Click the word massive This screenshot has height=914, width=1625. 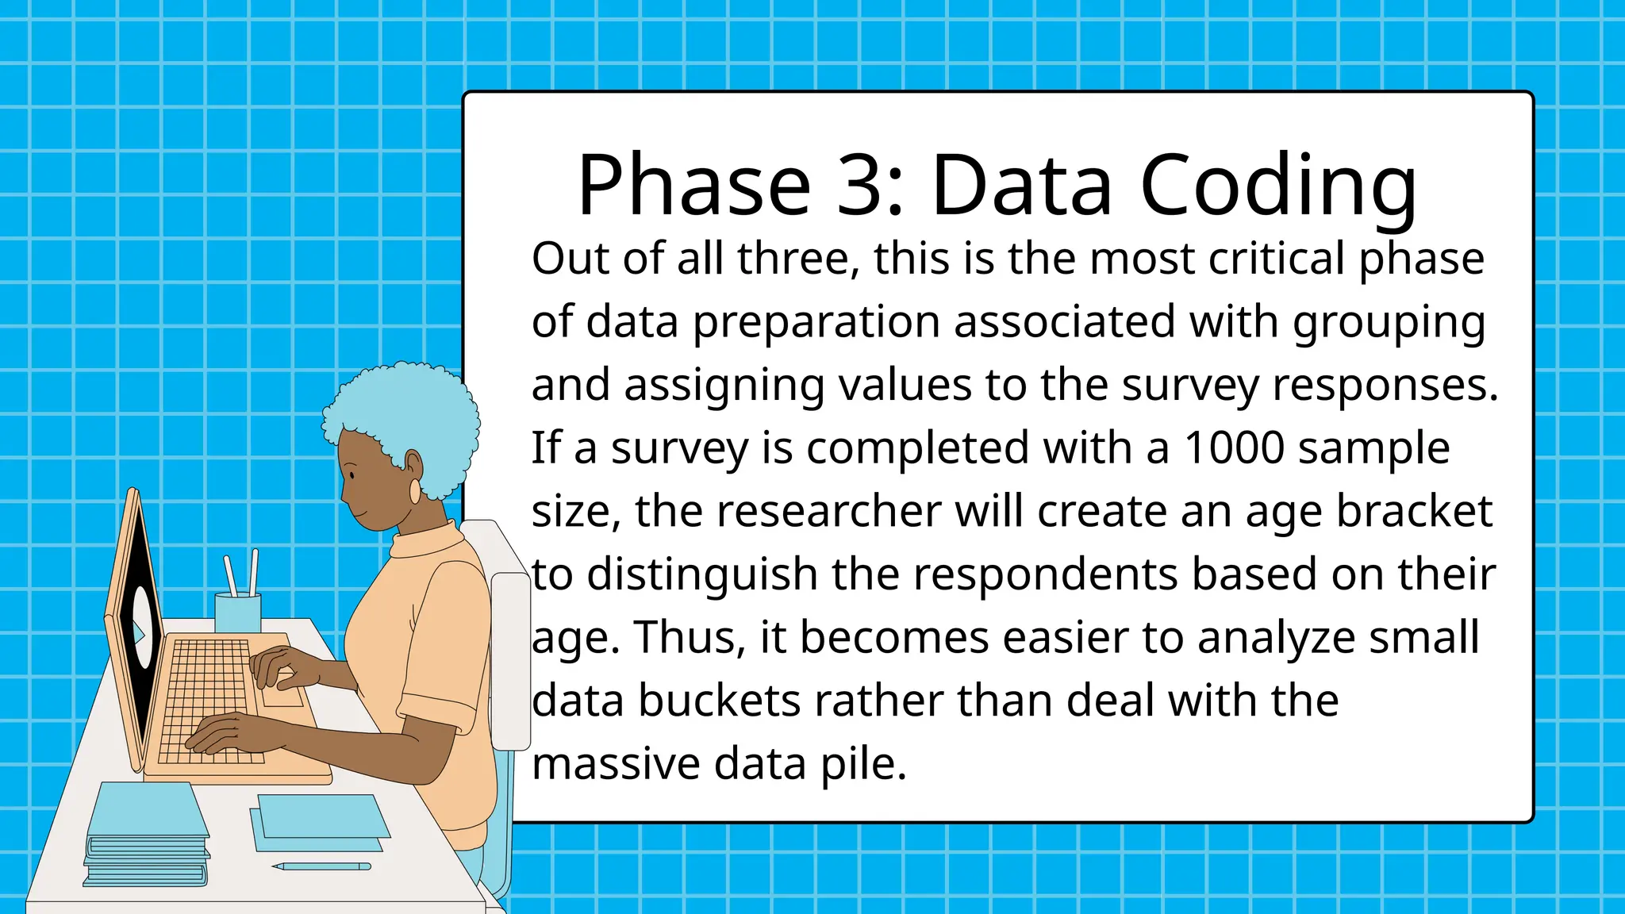(x=615, y=764)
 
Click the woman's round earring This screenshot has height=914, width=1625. (x=415, y=490)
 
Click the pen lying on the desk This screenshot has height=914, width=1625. (x=321, y=866)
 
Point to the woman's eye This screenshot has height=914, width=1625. (x=352, y=474)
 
